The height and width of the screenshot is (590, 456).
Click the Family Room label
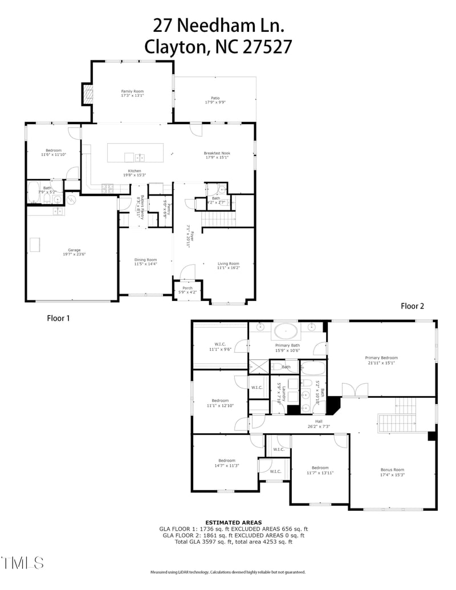[x=132, y=91]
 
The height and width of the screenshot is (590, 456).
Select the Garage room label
[x=74, y=250]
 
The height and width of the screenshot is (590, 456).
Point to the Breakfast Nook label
[x=216, y=153]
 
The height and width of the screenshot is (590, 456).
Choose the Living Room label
[x=229, y=263]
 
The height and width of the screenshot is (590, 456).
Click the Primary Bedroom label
[x=381, y=358]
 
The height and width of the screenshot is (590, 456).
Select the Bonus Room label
[x=392, y=470]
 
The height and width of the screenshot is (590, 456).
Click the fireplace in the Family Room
[x=87, y=94]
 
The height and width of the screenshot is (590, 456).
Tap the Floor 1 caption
[x=58, y=318]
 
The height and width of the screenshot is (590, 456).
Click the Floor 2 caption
[x=413, y=306]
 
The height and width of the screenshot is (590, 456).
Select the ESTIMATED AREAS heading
[x=234, y=522]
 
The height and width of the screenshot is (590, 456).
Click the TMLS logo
[x=23, y=563]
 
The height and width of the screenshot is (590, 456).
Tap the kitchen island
[x=135, y=152]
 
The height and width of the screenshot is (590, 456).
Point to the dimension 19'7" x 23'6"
[x=74, y=254]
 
